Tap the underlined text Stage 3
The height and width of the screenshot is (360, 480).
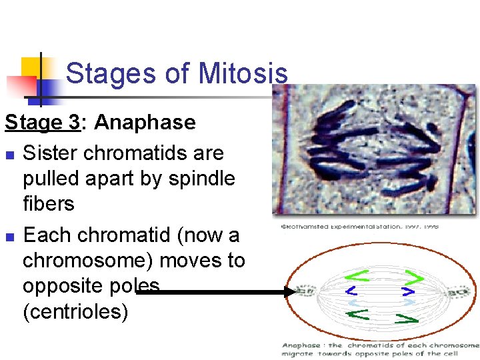coord(42,123)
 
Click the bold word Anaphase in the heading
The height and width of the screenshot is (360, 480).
coord(145,123)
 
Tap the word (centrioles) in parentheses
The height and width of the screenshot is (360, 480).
coord(75,311)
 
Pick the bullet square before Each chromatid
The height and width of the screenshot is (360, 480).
coord(9,237)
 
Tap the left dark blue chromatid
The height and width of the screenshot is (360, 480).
coord(351,291)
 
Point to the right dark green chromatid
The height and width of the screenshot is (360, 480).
coord(406,319)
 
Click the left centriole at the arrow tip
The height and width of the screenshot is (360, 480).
coord(307,291)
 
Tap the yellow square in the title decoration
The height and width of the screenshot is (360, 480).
coord(31,67)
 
